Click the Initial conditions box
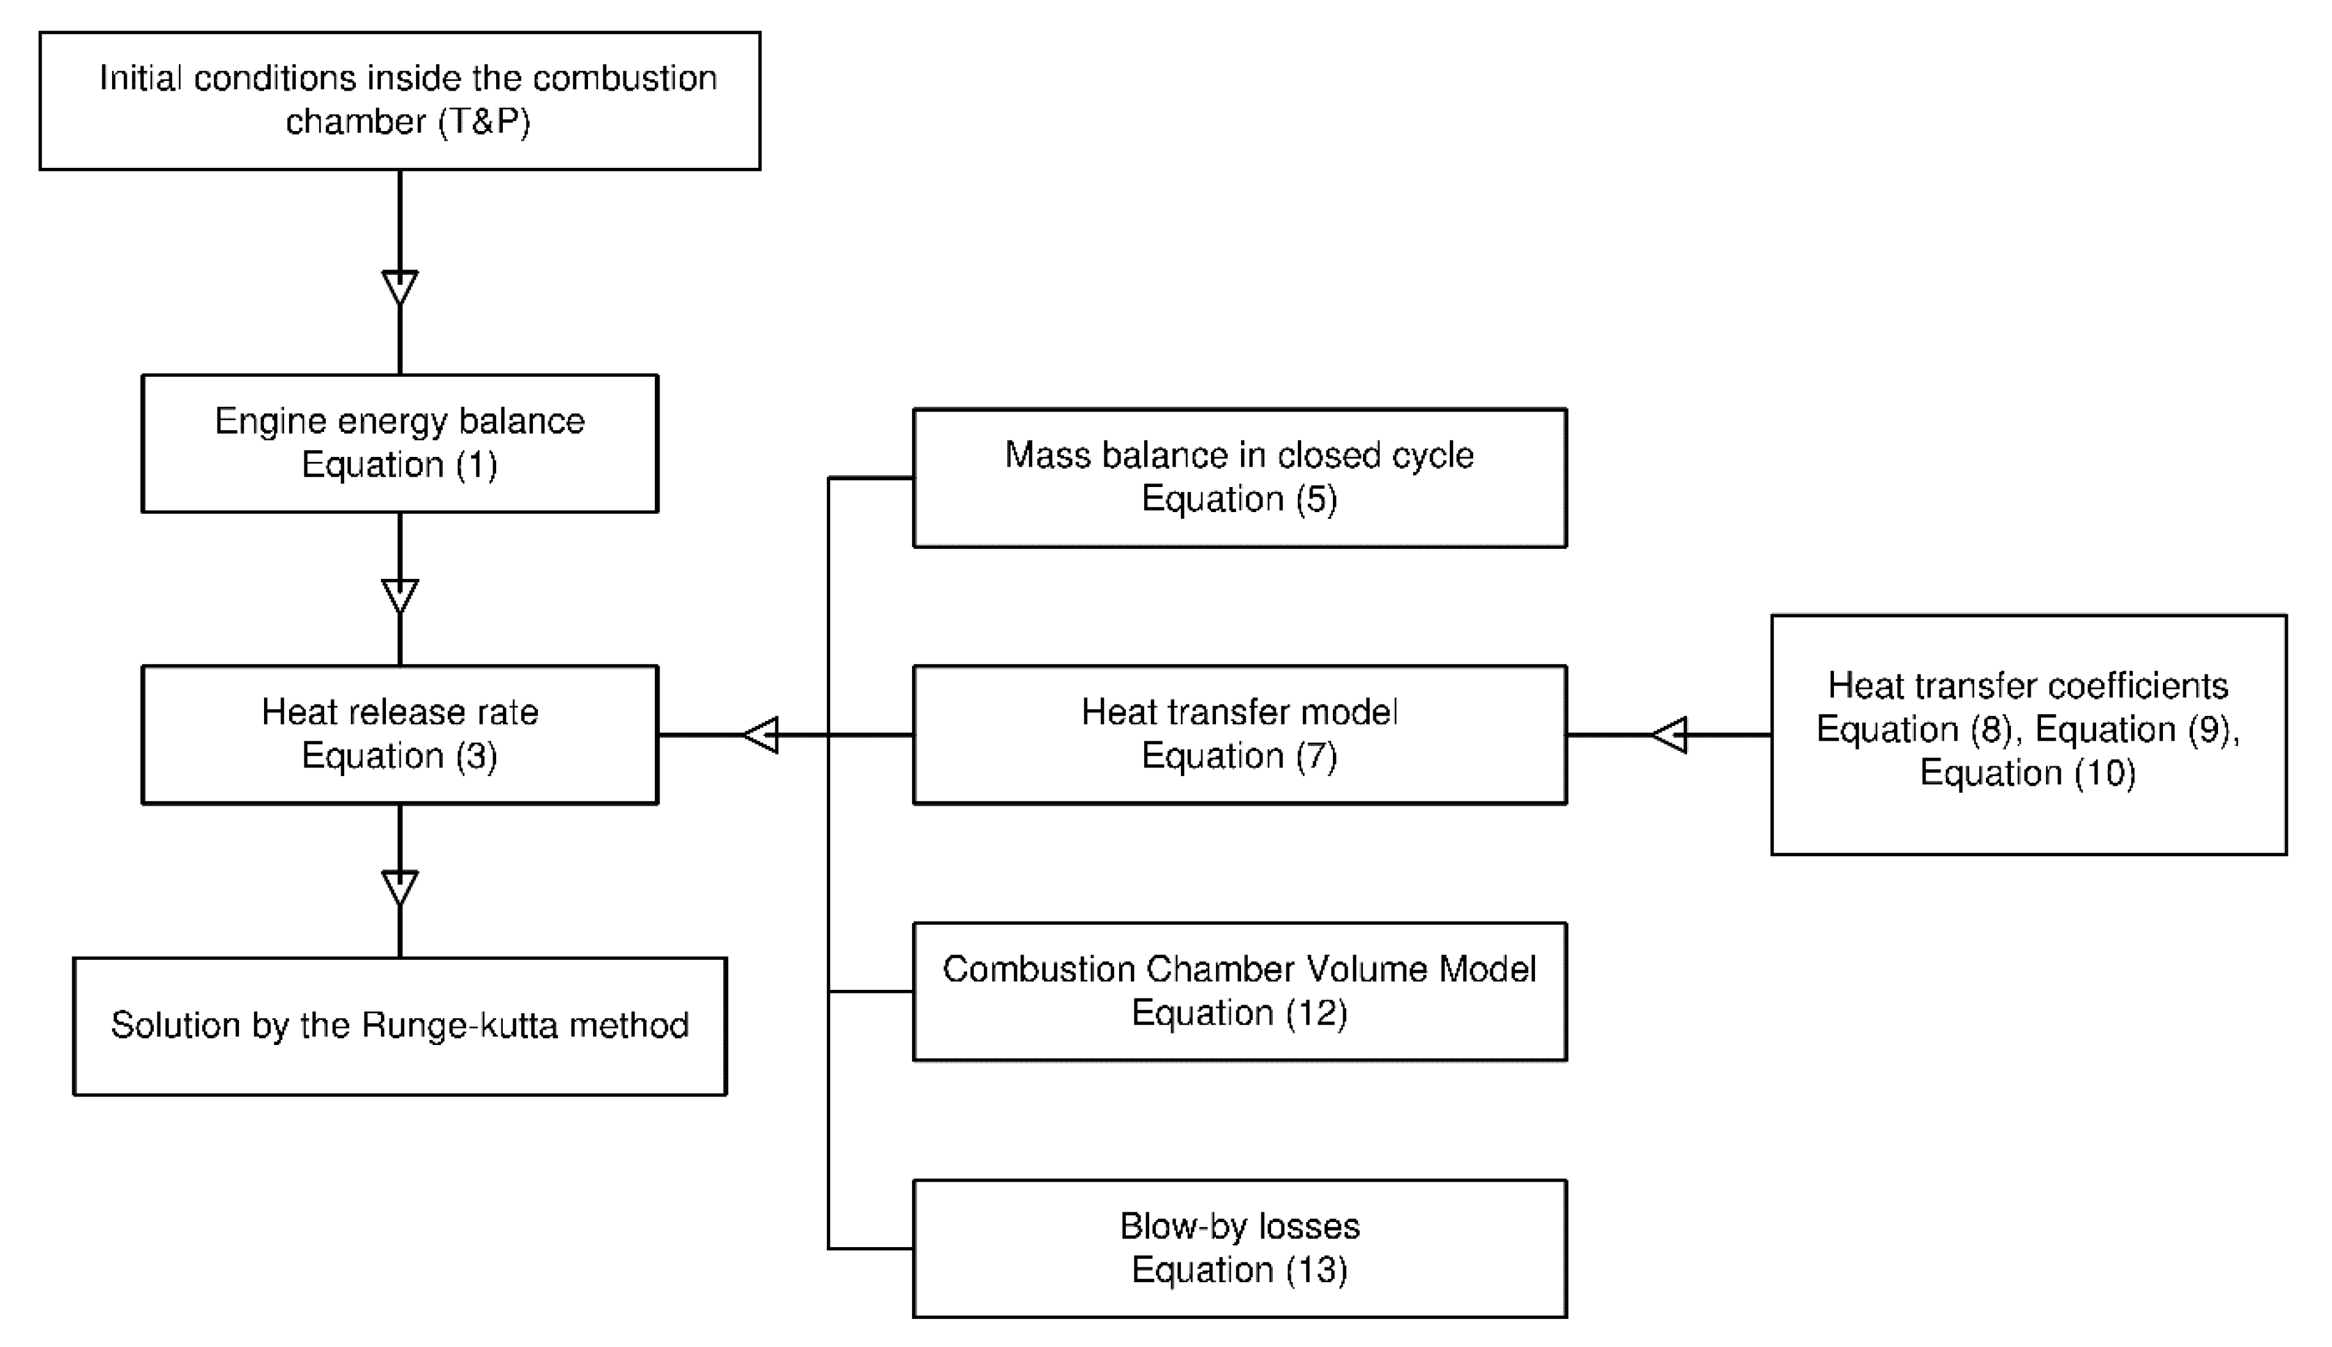tap(399, 101)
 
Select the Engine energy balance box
tap(399, 443)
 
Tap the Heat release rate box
tap(399, 734)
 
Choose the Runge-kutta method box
tap(399, 1026)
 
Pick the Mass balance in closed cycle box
tap(1240, 477)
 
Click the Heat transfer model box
tap(1240, 734)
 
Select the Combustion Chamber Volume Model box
tap(1240, 991)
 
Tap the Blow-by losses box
tap(1240, 1248)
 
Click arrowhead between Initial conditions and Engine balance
tap(399, 287)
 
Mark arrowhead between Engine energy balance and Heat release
tap(399, 596)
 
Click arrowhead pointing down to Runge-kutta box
tap(399, 886)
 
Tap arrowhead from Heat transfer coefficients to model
tap(1670, 734)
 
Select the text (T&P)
tap(484, 121)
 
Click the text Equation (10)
tap(2028, 772)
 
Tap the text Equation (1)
tap(399, 464)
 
